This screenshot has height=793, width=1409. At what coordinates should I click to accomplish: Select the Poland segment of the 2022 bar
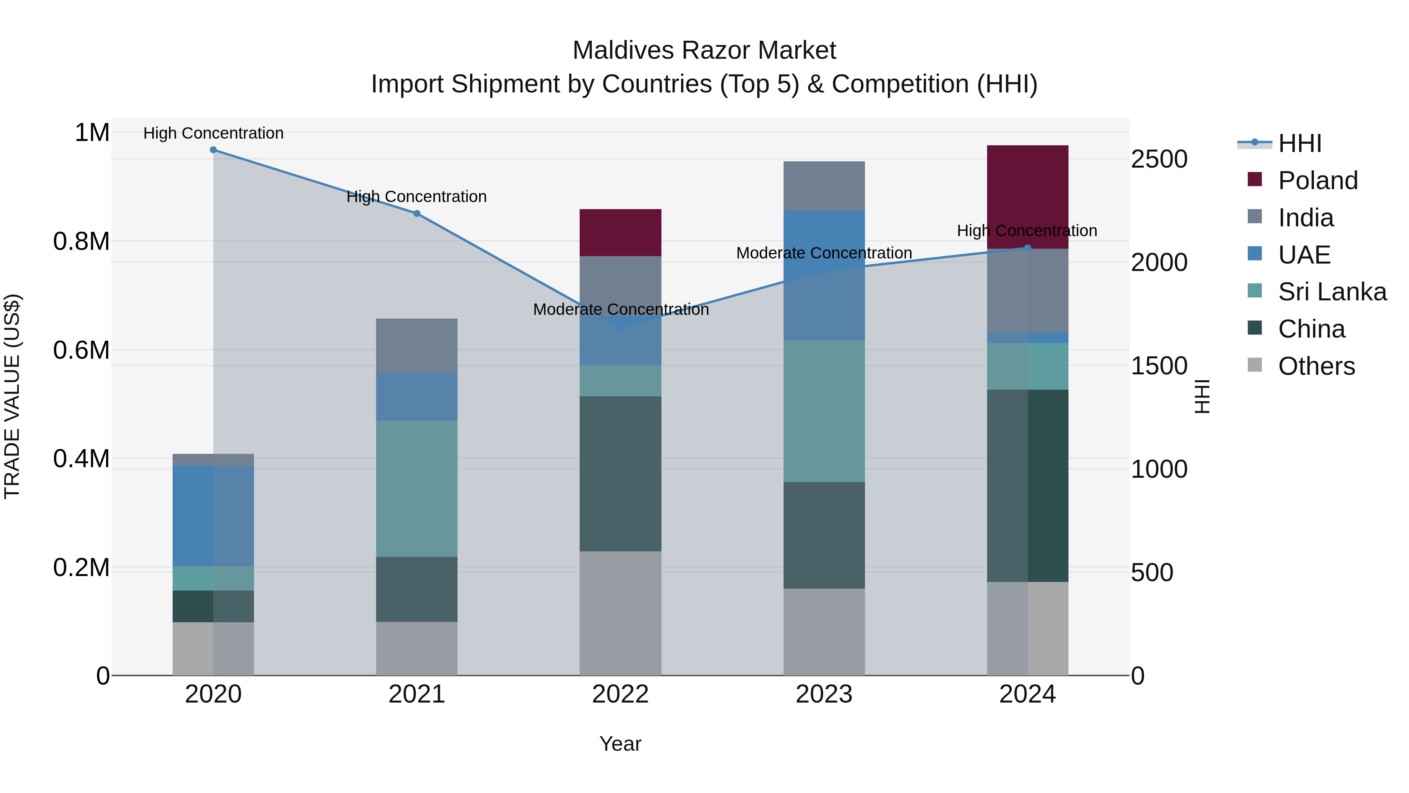tap(620, 233)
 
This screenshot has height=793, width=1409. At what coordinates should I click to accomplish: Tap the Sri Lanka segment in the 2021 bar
tap(417, 489)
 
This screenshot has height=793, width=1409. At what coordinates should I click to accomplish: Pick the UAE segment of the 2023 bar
tap(824, 275)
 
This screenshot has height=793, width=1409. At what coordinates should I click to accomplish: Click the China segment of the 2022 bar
tap(620, 473)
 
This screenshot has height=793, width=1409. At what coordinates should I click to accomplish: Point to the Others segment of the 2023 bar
tap(824, 632)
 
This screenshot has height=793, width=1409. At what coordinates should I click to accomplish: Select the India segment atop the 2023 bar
tap(824, 186)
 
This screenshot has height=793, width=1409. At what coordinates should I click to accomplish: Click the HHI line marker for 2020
tap(213, 150)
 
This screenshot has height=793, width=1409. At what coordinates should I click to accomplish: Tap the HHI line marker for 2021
tap(417, 213)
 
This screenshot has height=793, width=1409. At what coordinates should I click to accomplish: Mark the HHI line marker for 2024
tap(1027, 248)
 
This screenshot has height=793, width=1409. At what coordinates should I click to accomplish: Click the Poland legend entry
tap(1317, 181)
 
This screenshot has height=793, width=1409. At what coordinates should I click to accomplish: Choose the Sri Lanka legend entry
tap(1332, 292)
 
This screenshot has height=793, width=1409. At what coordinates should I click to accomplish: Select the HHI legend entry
tap(1299, 143)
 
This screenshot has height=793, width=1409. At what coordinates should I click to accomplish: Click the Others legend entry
tap(1315, 366)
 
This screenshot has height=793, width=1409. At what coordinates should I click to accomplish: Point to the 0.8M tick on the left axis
tap(81, 241)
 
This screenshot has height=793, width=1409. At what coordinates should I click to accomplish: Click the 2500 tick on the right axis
tap(1159, 159)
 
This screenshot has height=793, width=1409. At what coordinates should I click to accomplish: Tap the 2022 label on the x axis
tap(620, 694)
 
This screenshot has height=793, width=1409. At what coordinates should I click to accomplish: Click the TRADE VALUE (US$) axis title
tap(12, 396)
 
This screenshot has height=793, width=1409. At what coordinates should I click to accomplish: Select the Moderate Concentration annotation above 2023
tap(824, 253)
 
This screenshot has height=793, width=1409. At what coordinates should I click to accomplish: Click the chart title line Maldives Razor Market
tap(704, 51)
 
